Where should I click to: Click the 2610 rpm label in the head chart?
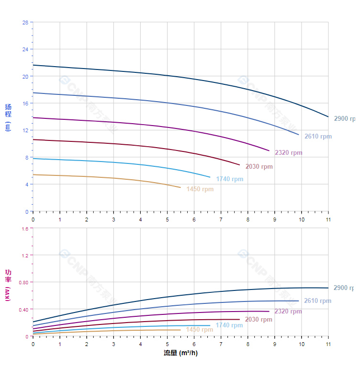pos(318,137)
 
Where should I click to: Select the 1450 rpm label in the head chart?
pos(200,189)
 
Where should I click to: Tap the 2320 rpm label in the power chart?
pos(288,312)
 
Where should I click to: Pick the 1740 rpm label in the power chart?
pos(229,325)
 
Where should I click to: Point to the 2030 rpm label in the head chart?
pos(259,167)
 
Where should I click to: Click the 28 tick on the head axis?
pos(25,22)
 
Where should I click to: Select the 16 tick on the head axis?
pos(25,103)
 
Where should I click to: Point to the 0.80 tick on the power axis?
pos(24,282)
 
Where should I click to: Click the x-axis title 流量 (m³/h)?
pos(180,353)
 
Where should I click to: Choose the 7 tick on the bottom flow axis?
pos(221,344)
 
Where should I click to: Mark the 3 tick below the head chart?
pos(113,219)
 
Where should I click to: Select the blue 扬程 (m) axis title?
pos(8,117)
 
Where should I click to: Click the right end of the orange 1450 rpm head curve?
pos(180,187)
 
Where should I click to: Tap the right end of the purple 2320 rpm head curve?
pos(269,150)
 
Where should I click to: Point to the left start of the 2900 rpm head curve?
pos(33,65)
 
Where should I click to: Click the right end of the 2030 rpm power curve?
pos(239,319)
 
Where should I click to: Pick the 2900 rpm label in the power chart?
pos(344,288)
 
